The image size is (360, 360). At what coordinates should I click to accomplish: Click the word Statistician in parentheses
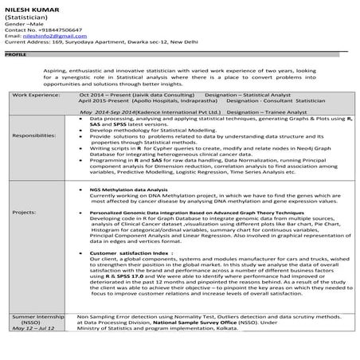click(23, 17)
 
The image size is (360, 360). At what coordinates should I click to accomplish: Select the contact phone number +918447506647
click(57, 29)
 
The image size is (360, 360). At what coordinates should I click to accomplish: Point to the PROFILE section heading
click(15, 56)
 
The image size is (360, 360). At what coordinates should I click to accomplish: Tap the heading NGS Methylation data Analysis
click(126, 190)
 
